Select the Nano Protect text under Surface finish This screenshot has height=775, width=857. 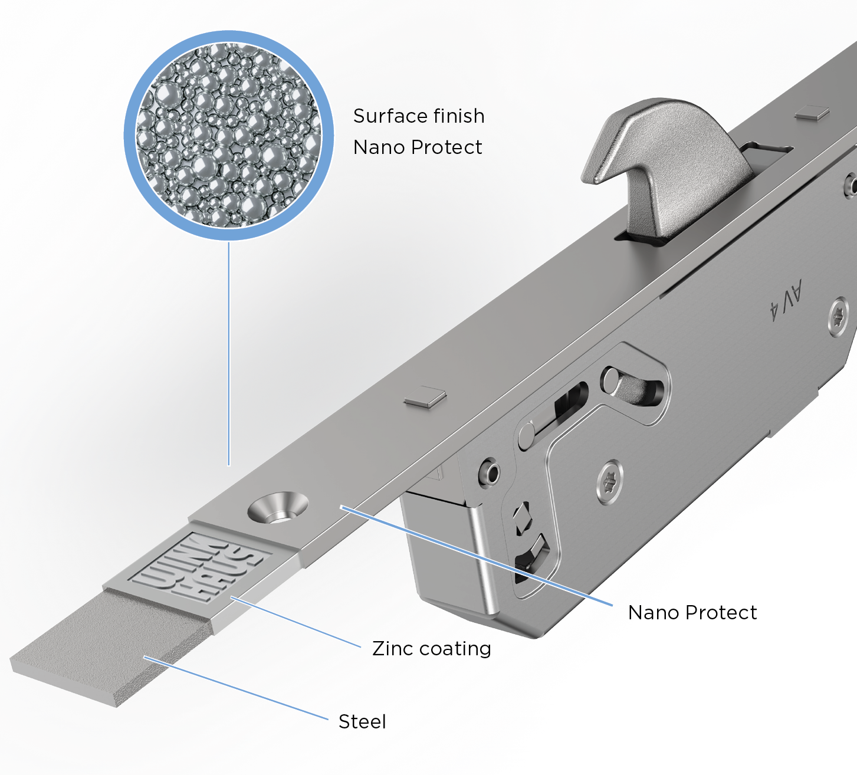(418, 147)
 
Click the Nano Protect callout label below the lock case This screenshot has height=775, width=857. (692, 613)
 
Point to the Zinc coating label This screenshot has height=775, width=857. (432, 649)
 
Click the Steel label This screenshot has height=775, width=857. (362, 721)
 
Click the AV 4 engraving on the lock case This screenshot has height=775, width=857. (786, 300)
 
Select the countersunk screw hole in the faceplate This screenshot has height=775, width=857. (278, 507)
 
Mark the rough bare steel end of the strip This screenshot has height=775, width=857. (112, 649)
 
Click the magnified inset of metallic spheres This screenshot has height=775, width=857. (229, 136)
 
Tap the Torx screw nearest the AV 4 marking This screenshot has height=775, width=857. (839, 317)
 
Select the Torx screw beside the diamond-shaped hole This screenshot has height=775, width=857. (610, 482)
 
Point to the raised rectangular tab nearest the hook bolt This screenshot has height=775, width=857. (812, 113)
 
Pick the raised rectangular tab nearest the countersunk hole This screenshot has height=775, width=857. (425, 397)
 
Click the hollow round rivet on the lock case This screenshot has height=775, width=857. (489, 472)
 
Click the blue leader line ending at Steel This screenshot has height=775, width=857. (237, 688)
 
